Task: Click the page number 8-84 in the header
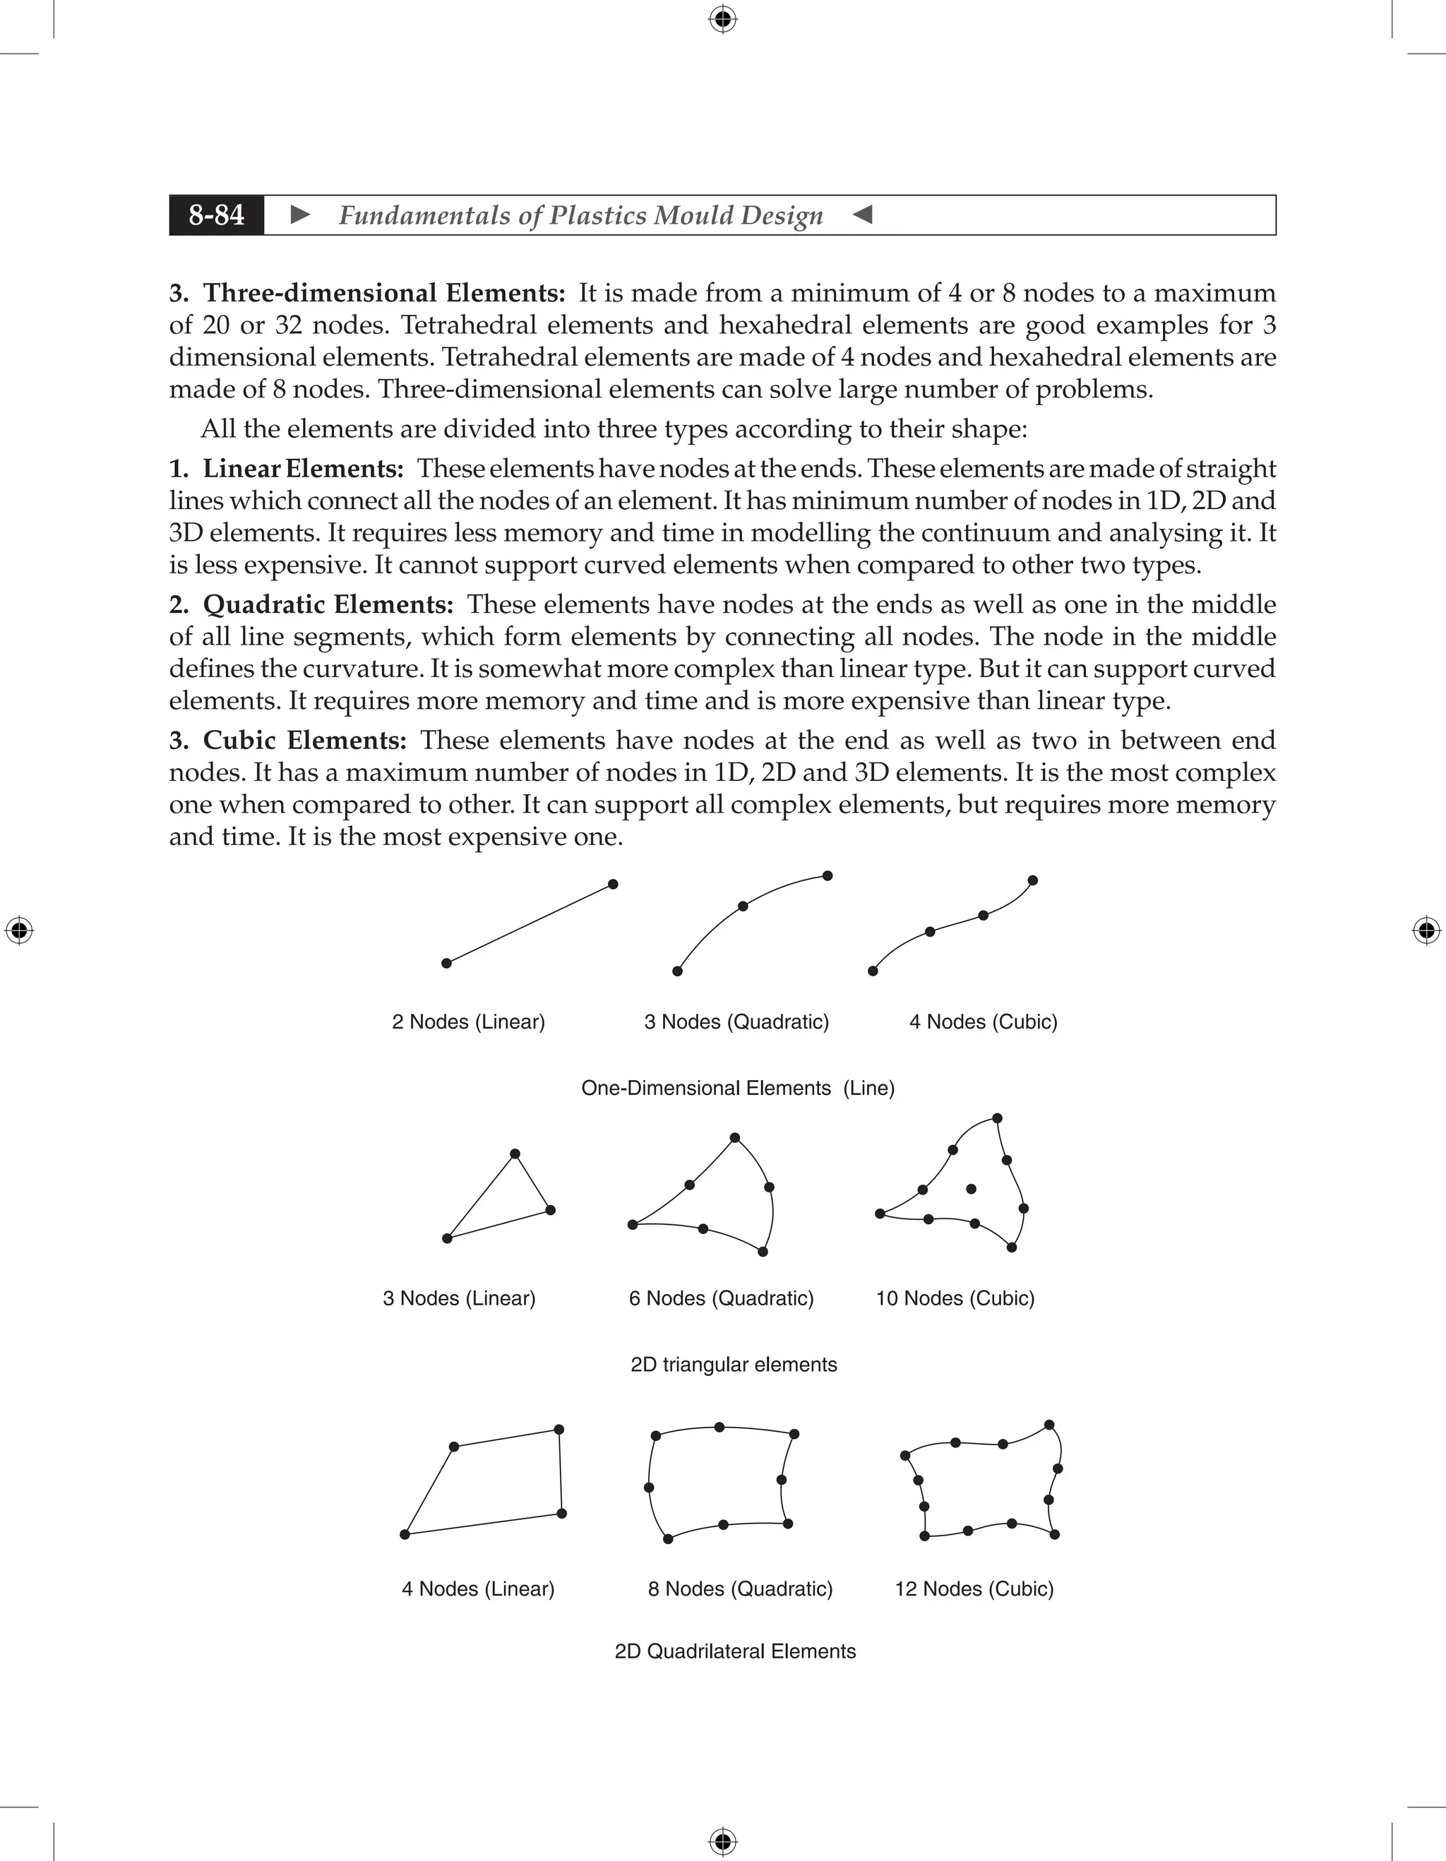pos(217,215)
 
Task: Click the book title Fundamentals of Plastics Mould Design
pos(580,215)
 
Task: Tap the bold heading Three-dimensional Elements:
pos(383,293)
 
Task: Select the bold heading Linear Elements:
pos(302,469)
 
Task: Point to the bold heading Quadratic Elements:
pos(328,605)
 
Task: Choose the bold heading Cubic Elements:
pos(305,741)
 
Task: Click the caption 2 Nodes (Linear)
pos(468,1022)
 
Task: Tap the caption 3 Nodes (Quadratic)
pos(736,1022)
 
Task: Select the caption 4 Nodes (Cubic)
pos(984,1022)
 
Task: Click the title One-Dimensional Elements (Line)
pos(738,1088)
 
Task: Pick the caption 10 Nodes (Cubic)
pos(955,1298)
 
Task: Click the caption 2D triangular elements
pos(734,1365)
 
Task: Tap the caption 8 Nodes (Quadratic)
pos(740,1589)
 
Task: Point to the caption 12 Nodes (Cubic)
pos(974,1589)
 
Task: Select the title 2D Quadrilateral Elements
pos(735,1651)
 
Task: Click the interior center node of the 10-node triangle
pos(971,1189)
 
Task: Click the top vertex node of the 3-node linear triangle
pos(515,1154)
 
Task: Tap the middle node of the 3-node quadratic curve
pos(743,906)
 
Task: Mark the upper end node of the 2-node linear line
pos(613,885)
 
